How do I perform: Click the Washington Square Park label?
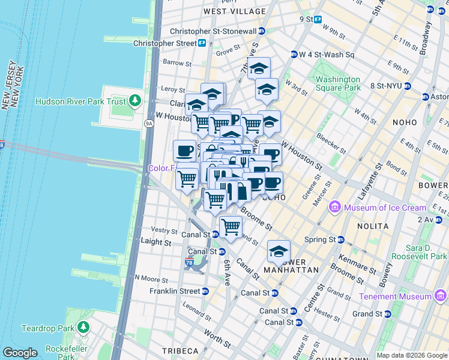pos(338,83)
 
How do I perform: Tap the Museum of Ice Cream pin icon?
pos(334,208)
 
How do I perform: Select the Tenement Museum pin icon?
pos(441,296)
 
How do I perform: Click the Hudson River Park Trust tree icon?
pos(135,101)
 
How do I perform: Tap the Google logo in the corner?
pos(20,353)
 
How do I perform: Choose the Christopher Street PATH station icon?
pos(203,43)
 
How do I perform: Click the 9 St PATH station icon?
pos(318,19)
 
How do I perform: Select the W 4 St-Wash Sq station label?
pos(328,55)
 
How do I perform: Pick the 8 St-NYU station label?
pos(386,86)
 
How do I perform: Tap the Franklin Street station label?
pos(175,291)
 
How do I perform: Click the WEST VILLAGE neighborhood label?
pos(235,11)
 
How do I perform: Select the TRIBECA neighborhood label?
pos(179,350)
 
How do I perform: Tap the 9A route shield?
pos(149,124)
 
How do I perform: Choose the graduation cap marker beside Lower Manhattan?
pos(279,251)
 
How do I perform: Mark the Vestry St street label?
pos(163,230)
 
